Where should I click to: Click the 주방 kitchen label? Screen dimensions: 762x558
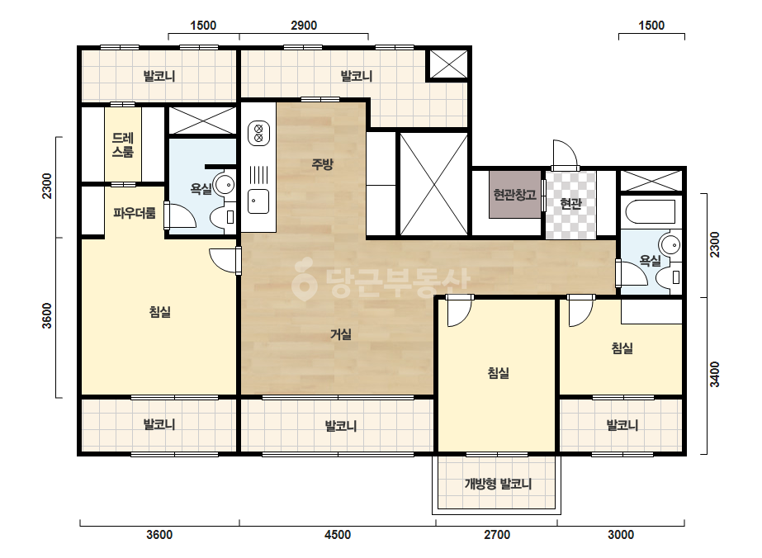pyautogui.click(x=322, y=164)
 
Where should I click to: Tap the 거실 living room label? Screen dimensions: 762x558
pyautogui.click(x=341, y=334)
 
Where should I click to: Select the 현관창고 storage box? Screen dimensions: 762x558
pyautogui.click(x=514, y=195)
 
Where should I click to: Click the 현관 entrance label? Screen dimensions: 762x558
pyautogui.click(x=571, y=203)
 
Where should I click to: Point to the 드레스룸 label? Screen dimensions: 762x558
pyautogui.click(x=123, y=144)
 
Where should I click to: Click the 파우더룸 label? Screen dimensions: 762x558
pyautogui.click(x=134, y=212)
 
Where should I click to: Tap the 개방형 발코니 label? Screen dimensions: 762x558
pyautogui.click(x=498, y=484)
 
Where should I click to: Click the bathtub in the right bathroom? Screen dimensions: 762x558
pyautogui.click(x=651, y=212)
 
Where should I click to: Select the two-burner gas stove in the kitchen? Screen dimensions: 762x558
pyautogui.click(x=258, y=134)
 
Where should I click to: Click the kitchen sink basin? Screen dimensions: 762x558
pyautogui.click(x=258, y=201)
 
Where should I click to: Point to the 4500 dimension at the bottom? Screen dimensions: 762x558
pyautogui.click(x=338, y=535)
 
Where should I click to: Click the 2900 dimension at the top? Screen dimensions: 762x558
pyautogui.click(x=304, y=26)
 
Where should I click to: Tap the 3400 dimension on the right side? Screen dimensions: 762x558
pyautogui.click(x=714, y=374)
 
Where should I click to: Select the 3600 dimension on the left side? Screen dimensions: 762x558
pyautogui.click(x=47, y=315)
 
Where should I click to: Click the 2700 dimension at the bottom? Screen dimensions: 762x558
pyautogui.click(x=497, y=535)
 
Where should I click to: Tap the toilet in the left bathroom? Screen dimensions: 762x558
pyautogui.click(x=223, y=216)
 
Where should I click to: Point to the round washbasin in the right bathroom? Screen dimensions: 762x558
pyautogui.click(x=671, y=245)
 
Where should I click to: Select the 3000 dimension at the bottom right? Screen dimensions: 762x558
pyautogui.click(x=621, y=535)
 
